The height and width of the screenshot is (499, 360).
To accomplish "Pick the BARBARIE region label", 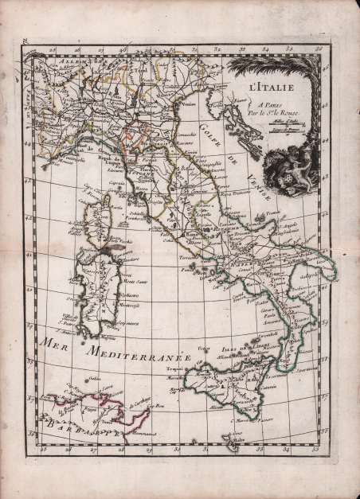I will (x=76, y=431).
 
